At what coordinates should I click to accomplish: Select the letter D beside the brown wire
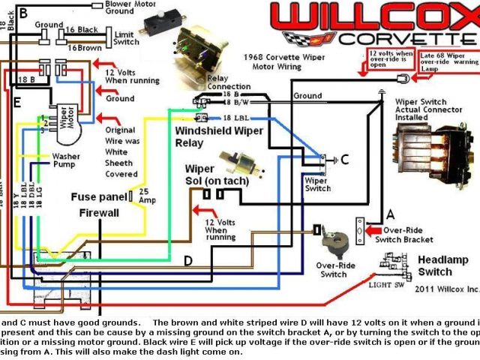click(187, 260)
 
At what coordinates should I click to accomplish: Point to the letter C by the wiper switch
click(345, 159)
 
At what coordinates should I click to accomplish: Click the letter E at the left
click(16, 101)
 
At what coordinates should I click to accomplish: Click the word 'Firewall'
click(99, 213)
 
